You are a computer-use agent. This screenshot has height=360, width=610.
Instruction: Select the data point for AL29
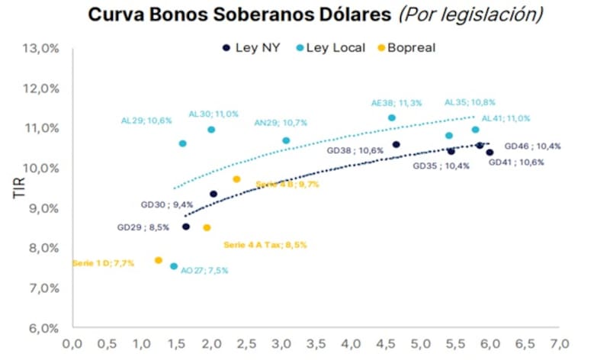tap(183, 143)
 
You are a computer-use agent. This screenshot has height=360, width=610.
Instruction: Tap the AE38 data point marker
tap(392, 117)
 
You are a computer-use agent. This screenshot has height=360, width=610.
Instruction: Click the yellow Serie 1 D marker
tap(159, 260)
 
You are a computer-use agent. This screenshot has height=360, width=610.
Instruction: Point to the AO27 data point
tap(174, 266)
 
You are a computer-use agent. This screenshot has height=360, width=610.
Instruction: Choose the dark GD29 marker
tap(186, 227)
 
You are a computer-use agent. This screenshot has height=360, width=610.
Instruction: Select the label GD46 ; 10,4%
tap(533, 146)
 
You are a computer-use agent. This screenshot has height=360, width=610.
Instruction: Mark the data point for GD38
tap(396, 144)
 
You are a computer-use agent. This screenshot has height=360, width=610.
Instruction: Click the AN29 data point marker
tap(286, 140)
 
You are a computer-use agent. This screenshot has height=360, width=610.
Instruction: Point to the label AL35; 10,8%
tap(470, 102)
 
